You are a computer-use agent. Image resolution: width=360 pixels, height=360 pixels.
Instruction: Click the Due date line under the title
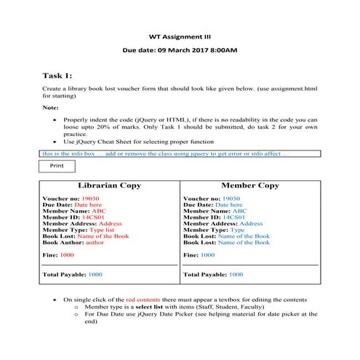point(179,50)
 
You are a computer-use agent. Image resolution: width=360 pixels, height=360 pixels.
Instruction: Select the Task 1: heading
point(57,75)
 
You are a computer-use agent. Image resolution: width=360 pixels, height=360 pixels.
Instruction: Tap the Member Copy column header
point(249,185)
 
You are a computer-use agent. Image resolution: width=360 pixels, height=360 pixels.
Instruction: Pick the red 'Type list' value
point(101,230)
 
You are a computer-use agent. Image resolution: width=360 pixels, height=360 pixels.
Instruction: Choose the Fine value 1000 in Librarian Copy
point(67,255)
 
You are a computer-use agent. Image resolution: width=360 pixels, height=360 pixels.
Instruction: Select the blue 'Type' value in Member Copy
point(237,230)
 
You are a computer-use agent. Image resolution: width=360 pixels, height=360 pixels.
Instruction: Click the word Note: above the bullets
point(51,107)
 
